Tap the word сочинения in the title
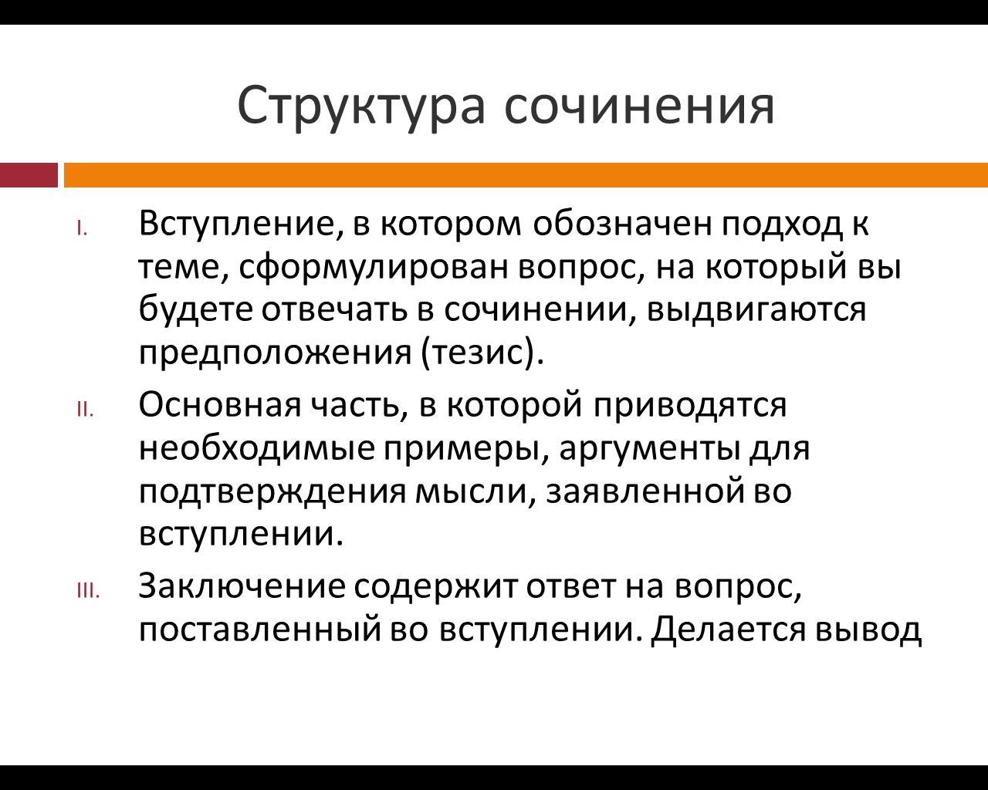[640, 106]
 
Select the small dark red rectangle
[29, 175]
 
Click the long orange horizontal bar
[526, 175]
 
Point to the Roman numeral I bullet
[82, 228]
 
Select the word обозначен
[622, 223]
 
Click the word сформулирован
[374, 268]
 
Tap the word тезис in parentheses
[478, 353]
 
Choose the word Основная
[220, 405]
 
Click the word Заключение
[242, 586]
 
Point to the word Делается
[728, 629]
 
